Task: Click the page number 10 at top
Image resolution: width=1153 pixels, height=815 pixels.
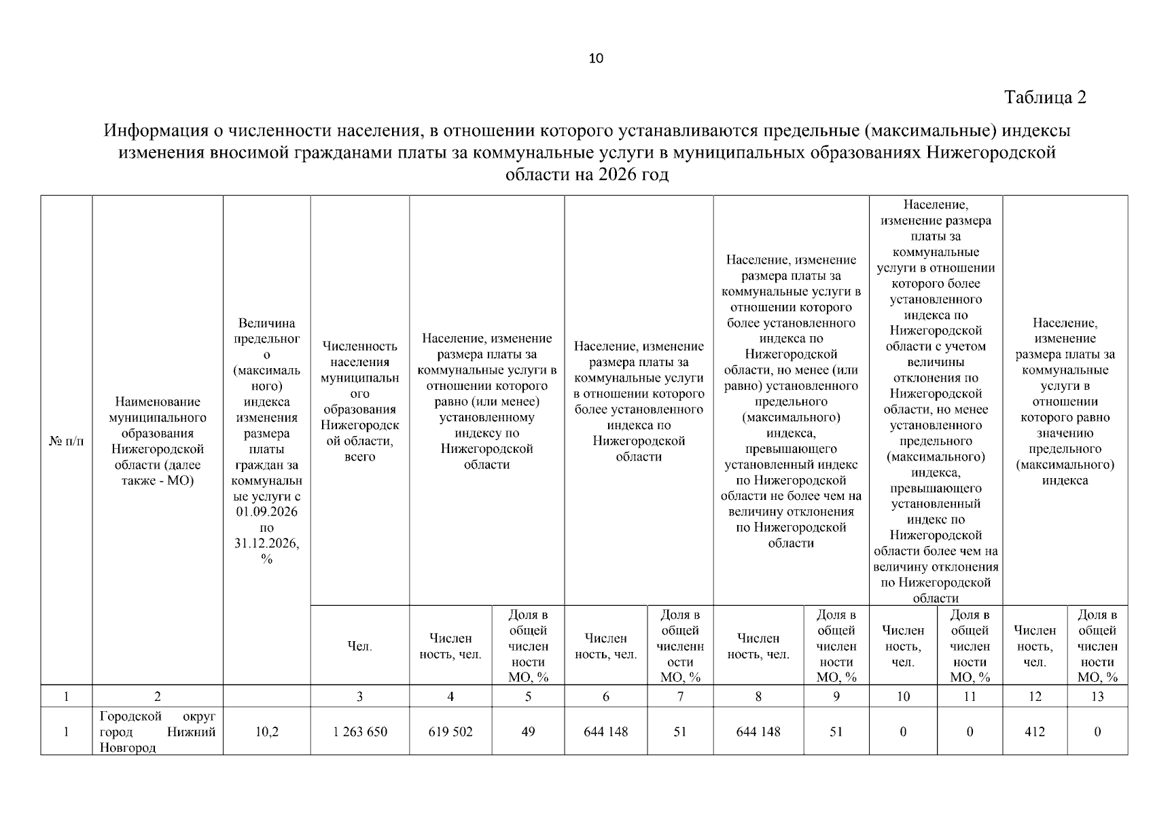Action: point(595,58)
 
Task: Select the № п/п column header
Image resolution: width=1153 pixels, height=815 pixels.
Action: point(67,441)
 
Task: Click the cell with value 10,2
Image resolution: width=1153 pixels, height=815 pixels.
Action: point(266,731)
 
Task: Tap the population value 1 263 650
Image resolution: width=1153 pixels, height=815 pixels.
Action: point(359,731)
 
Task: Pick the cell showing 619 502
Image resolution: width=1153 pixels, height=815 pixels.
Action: point(450,731)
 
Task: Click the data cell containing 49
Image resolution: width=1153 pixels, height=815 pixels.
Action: point(528,731)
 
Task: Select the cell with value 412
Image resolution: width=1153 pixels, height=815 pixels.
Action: point(1034,731)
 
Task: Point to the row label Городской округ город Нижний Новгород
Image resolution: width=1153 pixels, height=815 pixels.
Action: point(158,731)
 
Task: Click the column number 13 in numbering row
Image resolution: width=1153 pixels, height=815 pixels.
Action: point(1097,696)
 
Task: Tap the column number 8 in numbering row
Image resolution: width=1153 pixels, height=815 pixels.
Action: point(758,696)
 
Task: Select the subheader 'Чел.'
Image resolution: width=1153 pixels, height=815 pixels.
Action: point(359,647)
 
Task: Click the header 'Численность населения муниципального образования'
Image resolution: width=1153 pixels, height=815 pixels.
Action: point(359,401)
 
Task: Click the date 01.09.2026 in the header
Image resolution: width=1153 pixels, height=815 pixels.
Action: point(266,512)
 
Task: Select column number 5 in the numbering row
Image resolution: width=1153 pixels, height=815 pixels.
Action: point(528,696)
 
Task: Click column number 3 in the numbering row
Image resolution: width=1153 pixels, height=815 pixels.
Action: point(359,696)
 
